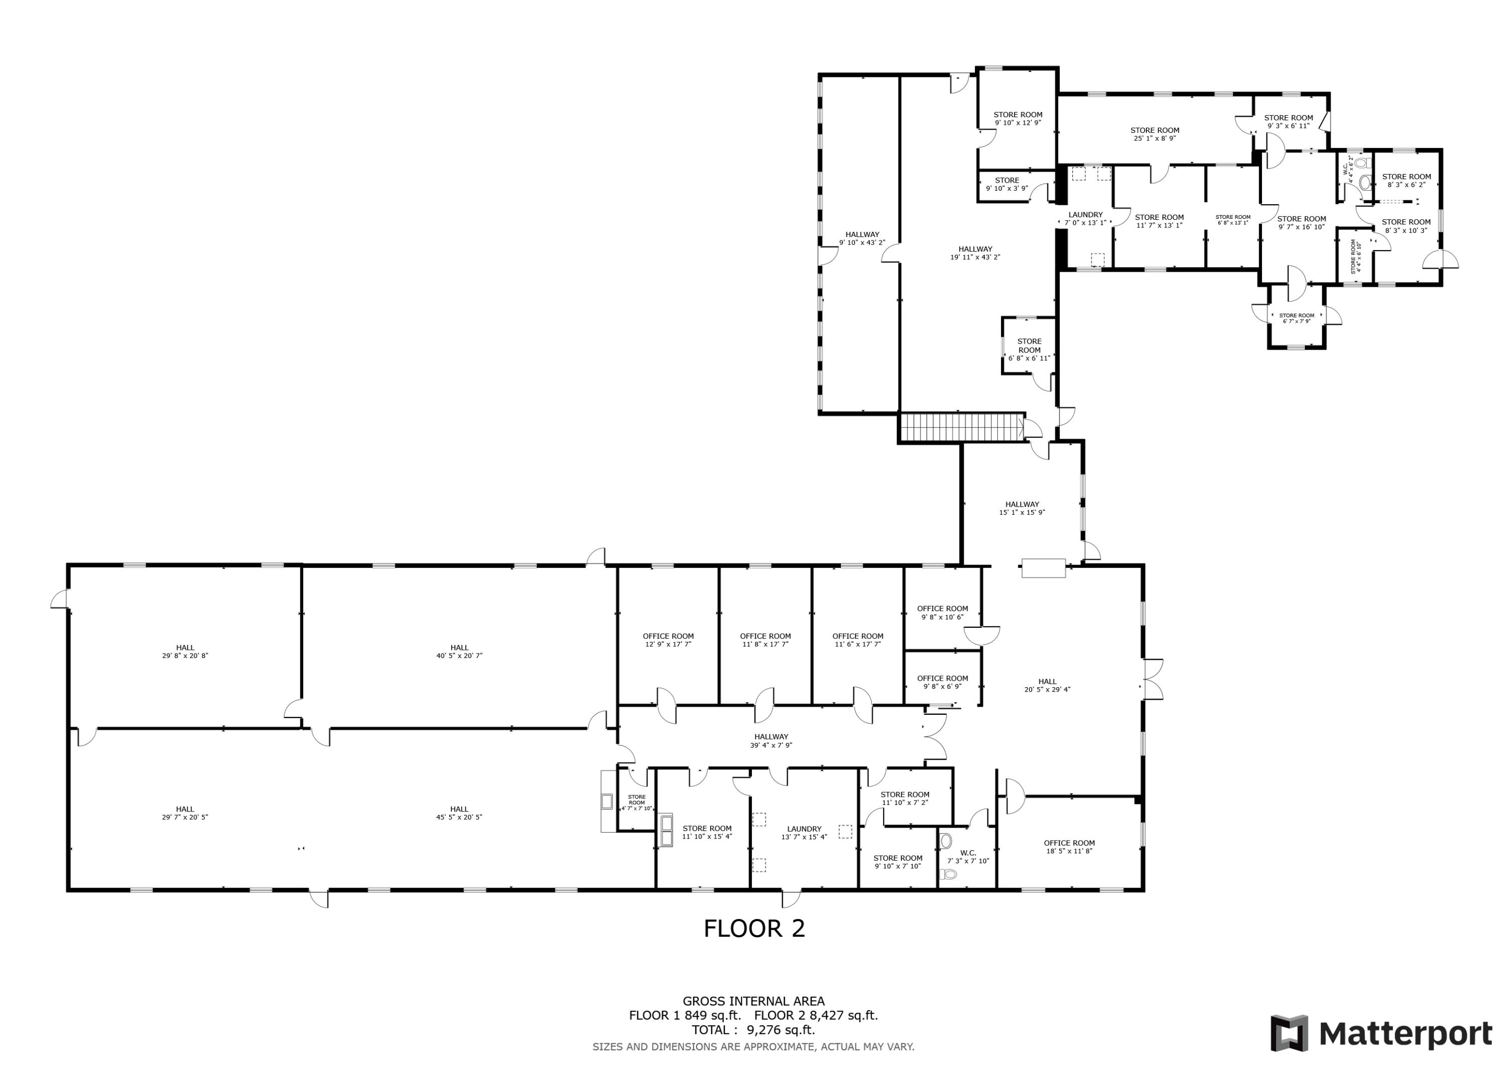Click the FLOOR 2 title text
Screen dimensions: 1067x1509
pos(754,928)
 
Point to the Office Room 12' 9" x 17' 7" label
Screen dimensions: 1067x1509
pos(668,640)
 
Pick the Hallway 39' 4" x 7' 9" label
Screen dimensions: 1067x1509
pos(771,741)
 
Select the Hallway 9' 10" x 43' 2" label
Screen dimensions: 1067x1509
pos(862,238)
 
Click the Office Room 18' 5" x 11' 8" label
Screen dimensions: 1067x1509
pos(1069,847)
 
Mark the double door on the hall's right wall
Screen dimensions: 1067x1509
pos(1151,679)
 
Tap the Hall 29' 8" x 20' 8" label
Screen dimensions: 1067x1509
pos(185,651)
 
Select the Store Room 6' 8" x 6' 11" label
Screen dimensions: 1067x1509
pos(1029,350)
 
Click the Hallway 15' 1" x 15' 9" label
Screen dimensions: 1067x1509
pos(1021,508)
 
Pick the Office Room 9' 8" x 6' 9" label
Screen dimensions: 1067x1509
pos(942,682)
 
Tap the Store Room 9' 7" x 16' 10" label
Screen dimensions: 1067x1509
pos(1301,223)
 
